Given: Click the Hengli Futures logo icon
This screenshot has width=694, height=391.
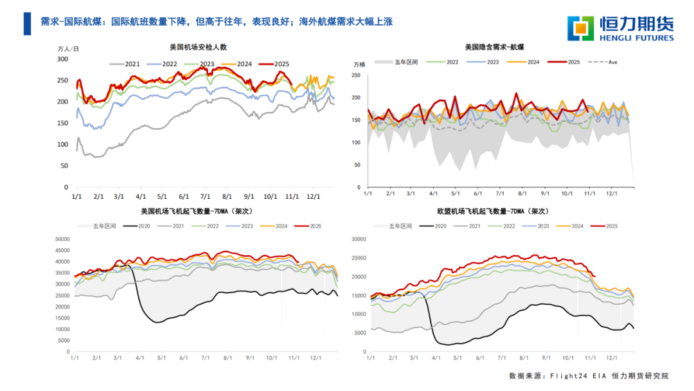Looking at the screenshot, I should click(580, 28).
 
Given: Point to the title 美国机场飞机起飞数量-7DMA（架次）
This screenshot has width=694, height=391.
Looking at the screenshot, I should click(200, 211).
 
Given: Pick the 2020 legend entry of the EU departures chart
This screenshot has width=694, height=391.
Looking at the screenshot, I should click(434, 226).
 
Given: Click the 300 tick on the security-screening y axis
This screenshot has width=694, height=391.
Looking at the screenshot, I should click(62, 59).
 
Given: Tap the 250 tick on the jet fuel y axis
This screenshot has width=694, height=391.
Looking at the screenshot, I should click(356, 76).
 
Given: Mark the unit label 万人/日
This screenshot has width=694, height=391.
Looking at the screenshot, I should click(68, 49).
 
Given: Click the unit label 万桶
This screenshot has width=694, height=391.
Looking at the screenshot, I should click(360, 64).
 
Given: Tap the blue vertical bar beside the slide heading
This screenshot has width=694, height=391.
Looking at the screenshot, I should click(26, 23).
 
